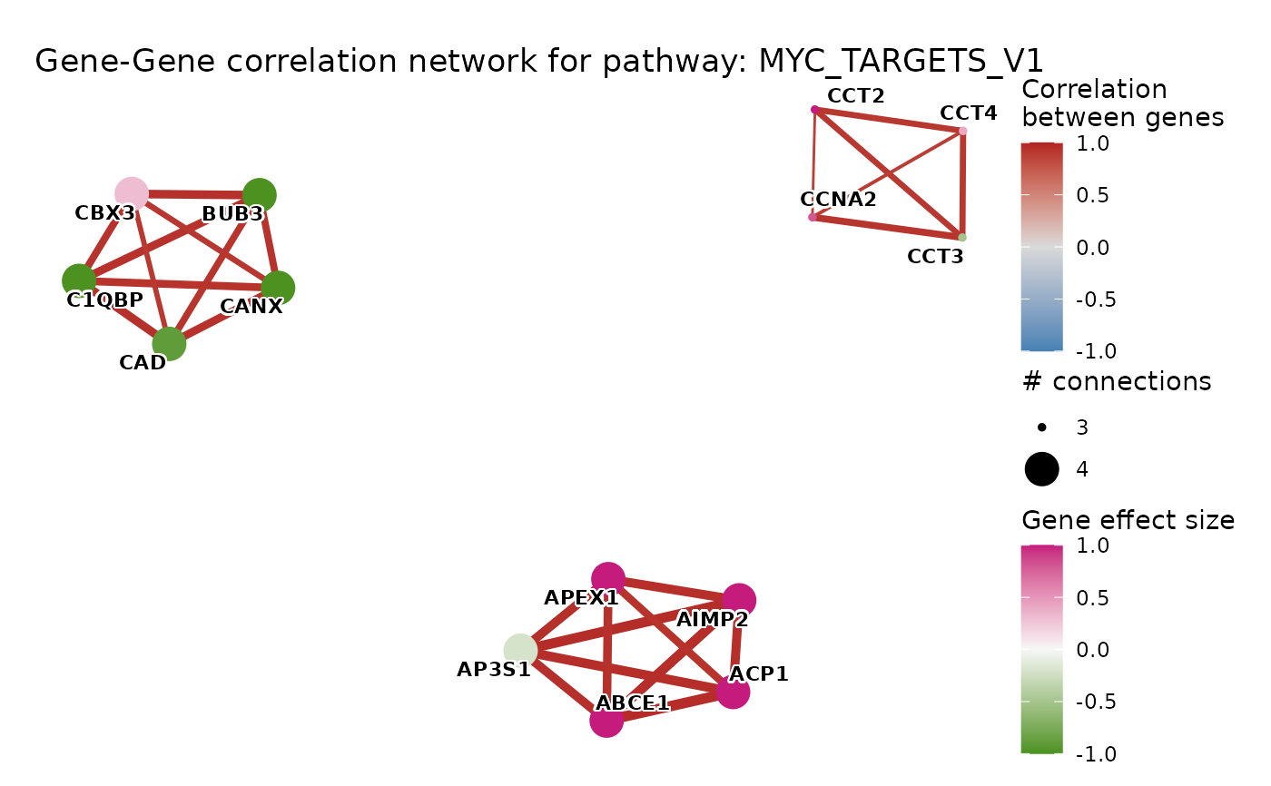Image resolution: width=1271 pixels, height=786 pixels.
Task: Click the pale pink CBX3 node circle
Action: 132,193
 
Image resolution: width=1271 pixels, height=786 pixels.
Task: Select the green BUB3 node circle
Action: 260,195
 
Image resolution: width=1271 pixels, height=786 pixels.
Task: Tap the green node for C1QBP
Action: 79,280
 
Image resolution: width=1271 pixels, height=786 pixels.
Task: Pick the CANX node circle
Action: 278,288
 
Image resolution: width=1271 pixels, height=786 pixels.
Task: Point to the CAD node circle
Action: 169,344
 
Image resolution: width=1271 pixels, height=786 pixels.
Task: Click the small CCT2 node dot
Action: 815,110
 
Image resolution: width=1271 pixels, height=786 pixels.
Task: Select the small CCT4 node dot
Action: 963,131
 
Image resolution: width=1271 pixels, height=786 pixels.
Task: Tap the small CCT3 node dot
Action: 962,238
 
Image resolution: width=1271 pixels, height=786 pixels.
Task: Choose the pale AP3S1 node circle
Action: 520,651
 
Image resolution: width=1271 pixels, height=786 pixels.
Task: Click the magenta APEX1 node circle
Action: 608,578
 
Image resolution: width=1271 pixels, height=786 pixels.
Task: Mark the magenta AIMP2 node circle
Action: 739,600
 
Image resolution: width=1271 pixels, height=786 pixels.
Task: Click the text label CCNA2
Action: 839,200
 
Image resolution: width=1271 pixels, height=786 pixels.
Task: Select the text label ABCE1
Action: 633,703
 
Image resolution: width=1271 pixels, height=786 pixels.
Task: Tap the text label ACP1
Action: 759,674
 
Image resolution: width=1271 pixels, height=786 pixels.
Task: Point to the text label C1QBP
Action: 105,300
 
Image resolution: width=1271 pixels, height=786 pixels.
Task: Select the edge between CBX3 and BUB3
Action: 195,194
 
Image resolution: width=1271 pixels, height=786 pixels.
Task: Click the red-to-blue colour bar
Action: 1041,246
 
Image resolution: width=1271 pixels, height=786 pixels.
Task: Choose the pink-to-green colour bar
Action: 1041,649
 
